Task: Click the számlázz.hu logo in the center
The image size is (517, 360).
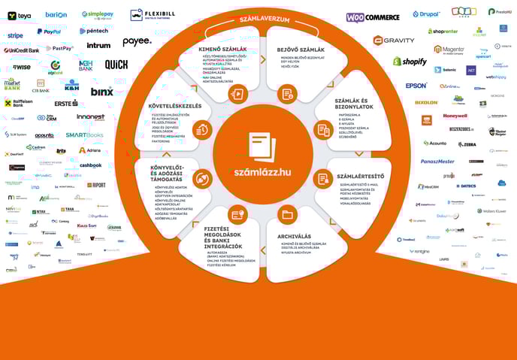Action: click(x=262, y=159)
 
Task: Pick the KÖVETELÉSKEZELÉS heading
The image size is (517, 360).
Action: click(x=174, y=106)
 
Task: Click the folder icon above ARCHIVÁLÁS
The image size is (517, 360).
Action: click(x=286, y=215)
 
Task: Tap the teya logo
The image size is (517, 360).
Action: click(x=20, y=15)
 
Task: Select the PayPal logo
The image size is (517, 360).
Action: click(x=50, y=32)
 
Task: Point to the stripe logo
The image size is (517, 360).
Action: click(x=15, y=35)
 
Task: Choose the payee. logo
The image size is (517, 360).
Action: click(x=136, y=41)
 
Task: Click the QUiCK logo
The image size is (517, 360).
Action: click(x=116, y=65)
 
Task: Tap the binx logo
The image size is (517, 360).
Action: click(x=101, y=91)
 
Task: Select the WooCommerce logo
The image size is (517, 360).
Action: click(x=373, y=17)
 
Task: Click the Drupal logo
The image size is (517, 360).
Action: click(x=426, y=14)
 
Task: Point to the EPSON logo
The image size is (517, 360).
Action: click(x=416, y=86)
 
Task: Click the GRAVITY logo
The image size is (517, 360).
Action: click(x=394, y=40)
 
